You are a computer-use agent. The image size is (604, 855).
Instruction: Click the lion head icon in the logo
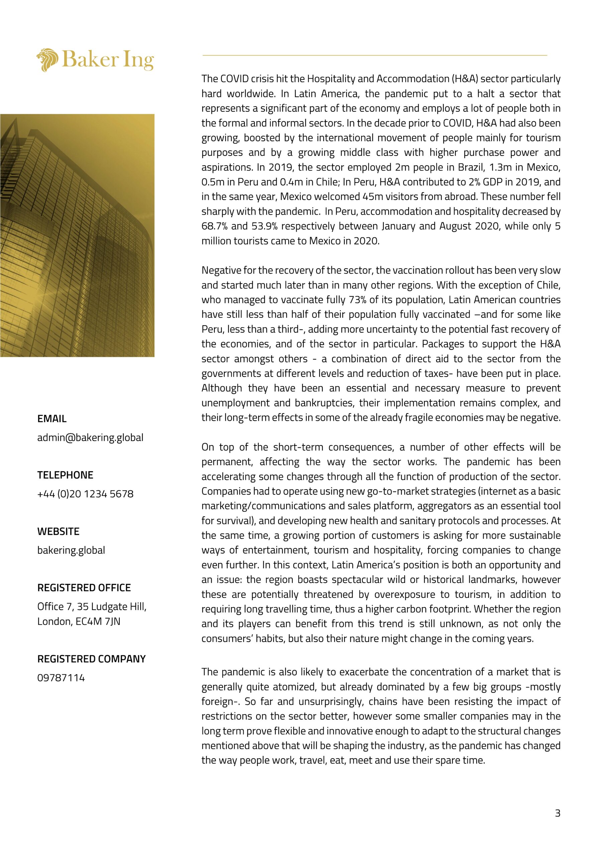pyautogui.click(x=47, y=59)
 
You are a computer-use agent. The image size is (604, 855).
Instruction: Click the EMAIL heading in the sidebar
pyautogui.click(x=52, y=418)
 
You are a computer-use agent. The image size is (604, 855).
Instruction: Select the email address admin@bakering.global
pyautogui.click(x=90, y=437)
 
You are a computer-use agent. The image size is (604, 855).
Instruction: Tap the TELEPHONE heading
pyautogui.click(x=65, y=475)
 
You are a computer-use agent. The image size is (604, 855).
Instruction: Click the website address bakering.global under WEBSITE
pyautogui.click(x=71, y=550)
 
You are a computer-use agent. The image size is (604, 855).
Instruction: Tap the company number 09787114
pyautogui.click(x=61, y=677)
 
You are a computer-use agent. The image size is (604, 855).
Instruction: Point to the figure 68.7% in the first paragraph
pyautogui.click(x=214, y=226)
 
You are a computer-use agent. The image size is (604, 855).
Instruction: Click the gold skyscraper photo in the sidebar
pyautogui.click(x=77, y=235)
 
